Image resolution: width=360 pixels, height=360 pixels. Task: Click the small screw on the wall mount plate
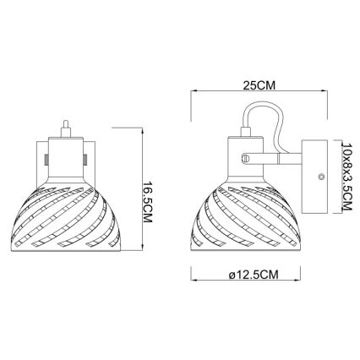click(321, 176)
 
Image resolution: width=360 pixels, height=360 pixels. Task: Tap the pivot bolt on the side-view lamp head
click(246, 155)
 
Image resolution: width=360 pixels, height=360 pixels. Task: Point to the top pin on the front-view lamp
click(65, 126)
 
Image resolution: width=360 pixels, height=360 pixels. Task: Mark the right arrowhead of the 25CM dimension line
click(326, 93)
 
